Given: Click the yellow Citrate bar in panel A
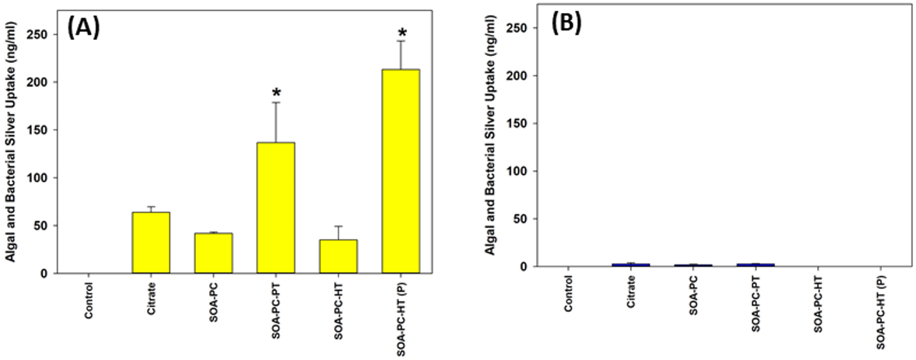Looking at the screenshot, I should [x=151, y=242].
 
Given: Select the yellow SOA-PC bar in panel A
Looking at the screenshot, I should [x=213, y=253].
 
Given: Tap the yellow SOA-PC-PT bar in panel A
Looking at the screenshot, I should [x=276, y=207].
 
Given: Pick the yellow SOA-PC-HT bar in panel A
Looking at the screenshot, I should [x=338, y=256].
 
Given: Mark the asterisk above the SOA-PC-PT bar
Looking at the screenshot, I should [x=276, y=92].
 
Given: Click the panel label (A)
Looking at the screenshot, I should [x=83, y=27].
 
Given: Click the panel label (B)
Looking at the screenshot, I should [x=566, y=22].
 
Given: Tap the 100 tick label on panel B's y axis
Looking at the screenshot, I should [x=517, y=171].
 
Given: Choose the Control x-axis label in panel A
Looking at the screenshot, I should [x=88, y=300].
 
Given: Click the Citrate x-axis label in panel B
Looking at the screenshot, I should [x=631, y=291].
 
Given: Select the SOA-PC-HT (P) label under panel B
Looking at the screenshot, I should [x=881, y=312].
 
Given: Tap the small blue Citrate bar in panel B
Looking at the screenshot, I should [x=631, y=265].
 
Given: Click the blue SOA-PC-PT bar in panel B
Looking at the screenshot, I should [x=755, y=265].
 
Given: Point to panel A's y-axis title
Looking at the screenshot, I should [x=11, y=142].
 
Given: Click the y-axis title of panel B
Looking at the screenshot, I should [x=490, y=135].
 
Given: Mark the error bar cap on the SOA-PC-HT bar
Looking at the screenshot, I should [x=338, y=226].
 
